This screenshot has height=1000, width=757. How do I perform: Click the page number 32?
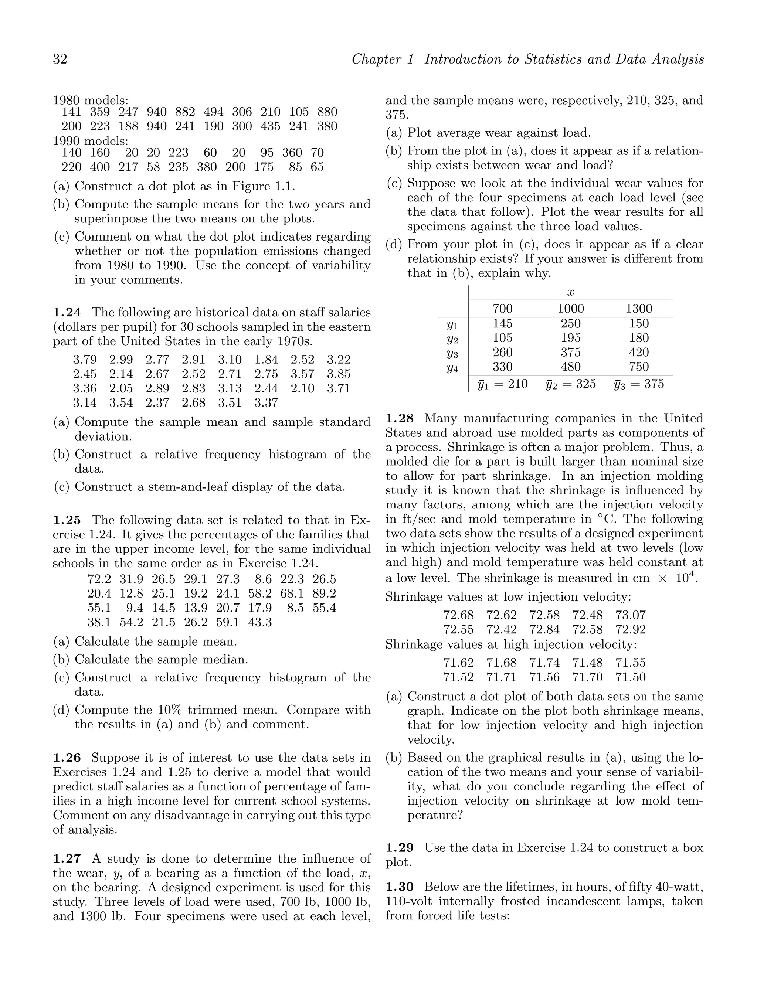coord(60,59)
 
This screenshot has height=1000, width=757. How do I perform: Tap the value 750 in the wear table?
coord(638,367)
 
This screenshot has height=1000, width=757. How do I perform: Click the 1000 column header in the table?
coord(570,309)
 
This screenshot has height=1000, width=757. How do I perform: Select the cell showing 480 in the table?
coord(570,367)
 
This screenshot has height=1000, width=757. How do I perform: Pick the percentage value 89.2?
coord(324,593)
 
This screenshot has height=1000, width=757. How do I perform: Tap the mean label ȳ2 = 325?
coord(570,384)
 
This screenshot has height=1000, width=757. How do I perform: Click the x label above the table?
coord(570,292)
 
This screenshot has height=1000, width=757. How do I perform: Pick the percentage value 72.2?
coord(99,579)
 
